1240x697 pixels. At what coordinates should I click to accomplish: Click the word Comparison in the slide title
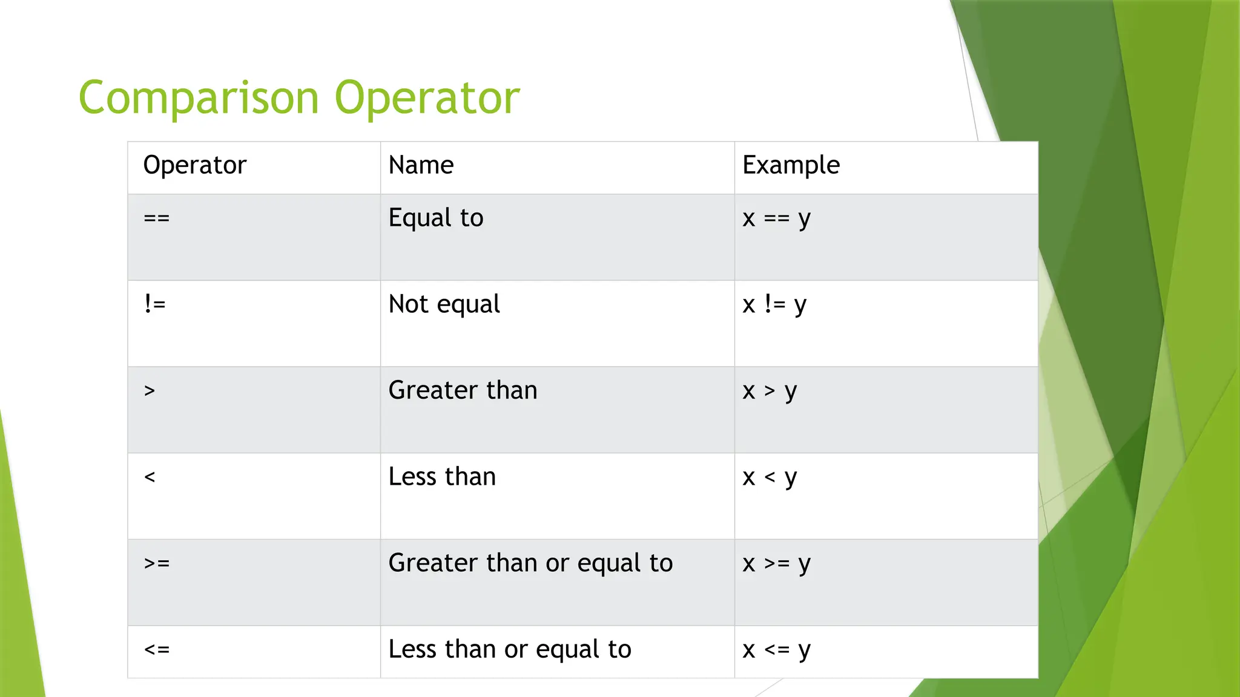199,98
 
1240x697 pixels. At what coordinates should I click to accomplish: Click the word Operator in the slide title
427,98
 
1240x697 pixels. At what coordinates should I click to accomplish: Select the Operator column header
195,165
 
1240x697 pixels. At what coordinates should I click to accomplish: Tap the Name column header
421,165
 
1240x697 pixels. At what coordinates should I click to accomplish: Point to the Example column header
791,165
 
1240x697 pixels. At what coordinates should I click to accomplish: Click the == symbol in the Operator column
157,218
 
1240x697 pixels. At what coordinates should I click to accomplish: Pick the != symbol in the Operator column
155,304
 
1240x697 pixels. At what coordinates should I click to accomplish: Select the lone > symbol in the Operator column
150,391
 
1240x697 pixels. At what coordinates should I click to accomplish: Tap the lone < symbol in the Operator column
150,477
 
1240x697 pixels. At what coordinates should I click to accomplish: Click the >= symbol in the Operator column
157,563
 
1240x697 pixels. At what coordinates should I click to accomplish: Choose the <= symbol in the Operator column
157,650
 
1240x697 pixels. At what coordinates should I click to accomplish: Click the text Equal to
436,218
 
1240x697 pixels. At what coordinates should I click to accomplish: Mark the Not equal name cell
444,304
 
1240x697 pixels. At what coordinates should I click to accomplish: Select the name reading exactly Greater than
463,390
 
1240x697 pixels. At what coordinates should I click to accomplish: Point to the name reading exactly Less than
442,477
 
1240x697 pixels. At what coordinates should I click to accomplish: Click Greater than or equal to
530,563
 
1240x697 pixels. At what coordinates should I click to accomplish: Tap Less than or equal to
510,649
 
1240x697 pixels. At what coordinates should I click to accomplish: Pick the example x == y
776,218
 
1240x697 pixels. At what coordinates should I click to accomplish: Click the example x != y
774,304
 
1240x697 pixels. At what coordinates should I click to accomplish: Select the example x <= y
776,650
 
